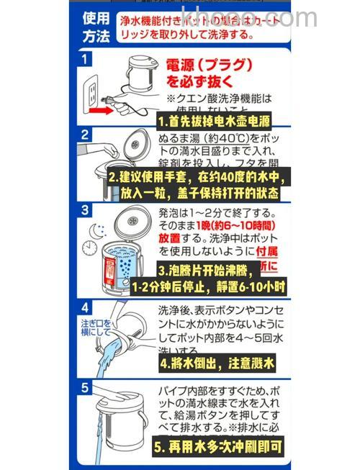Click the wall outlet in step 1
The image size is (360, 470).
91,91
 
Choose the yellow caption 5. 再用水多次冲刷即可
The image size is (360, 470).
218,446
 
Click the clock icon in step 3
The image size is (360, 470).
89,247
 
